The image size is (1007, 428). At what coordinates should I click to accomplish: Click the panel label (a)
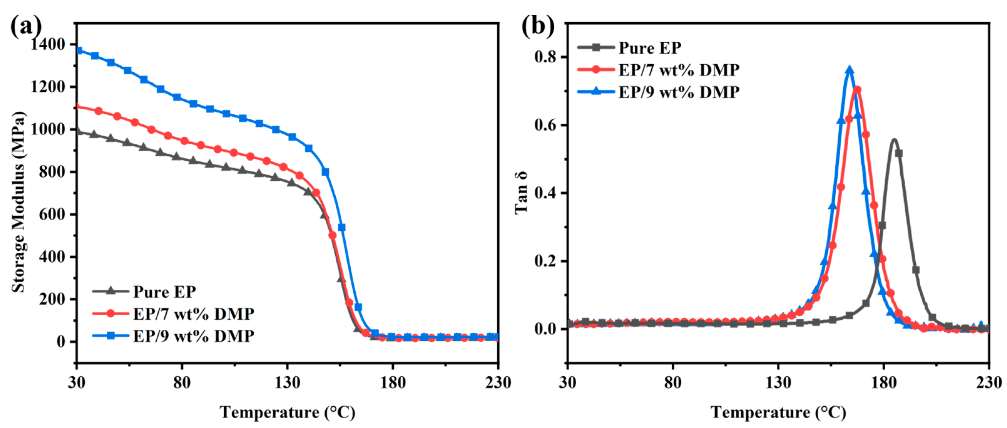[x=26, y=27]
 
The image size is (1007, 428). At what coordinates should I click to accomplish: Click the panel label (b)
[x=538, y=27]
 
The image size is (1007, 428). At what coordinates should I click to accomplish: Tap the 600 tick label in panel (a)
[x=53, y=214]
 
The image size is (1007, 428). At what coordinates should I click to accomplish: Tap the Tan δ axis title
[x=521, y=193]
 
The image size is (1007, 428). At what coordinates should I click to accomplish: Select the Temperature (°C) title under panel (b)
[x=778, y=412]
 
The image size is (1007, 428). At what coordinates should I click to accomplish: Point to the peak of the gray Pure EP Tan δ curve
[x=894, y=139]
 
